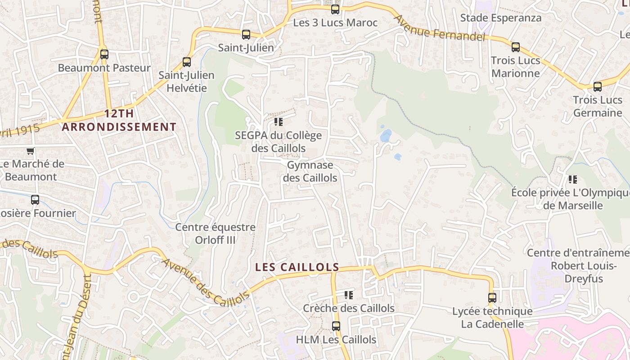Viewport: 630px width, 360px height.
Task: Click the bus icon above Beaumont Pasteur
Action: tap(104, 54)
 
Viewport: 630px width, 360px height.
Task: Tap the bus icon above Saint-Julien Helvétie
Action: tap(187, 62)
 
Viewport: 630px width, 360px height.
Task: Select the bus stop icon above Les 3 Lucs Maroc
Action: tap(335, 9)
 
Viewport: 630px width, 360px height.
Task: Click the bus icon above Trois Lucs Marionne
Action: tap(516, 47)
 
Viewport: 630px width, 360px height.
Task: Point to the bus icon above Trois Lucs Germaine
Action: tap(598, 87)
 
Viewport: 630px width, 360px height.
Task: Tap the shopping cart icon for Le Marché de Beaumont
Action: tap(30, 151)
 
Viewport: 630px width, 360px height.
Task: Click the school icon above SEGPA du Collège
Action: tap(279, 122)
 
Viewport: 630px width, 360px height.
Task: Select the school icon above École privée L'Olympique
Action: tap(572, 180)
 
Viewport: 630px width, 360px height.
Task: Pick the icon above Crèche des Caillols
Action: tap(349, 295)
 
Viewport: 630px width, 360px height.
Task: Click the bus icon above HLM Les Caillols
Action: tap(336, 326)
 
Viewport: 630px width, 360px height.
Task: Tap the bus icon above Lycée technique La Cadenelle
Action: tap(492, 298)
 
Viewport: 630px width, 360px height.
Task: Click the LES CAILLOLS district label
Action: tap(297, 267)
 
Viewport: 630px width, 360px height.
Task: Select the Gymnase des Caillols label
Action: tap(310, 171)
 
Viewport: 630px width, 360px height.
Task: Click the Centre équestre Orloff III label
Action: tap(215, 233)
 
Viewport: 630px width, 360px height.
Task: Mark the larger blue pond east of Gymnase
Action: tap(386, 135)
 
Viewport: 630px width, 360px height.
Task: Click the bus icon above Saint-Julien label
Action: tap(246, 35)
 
